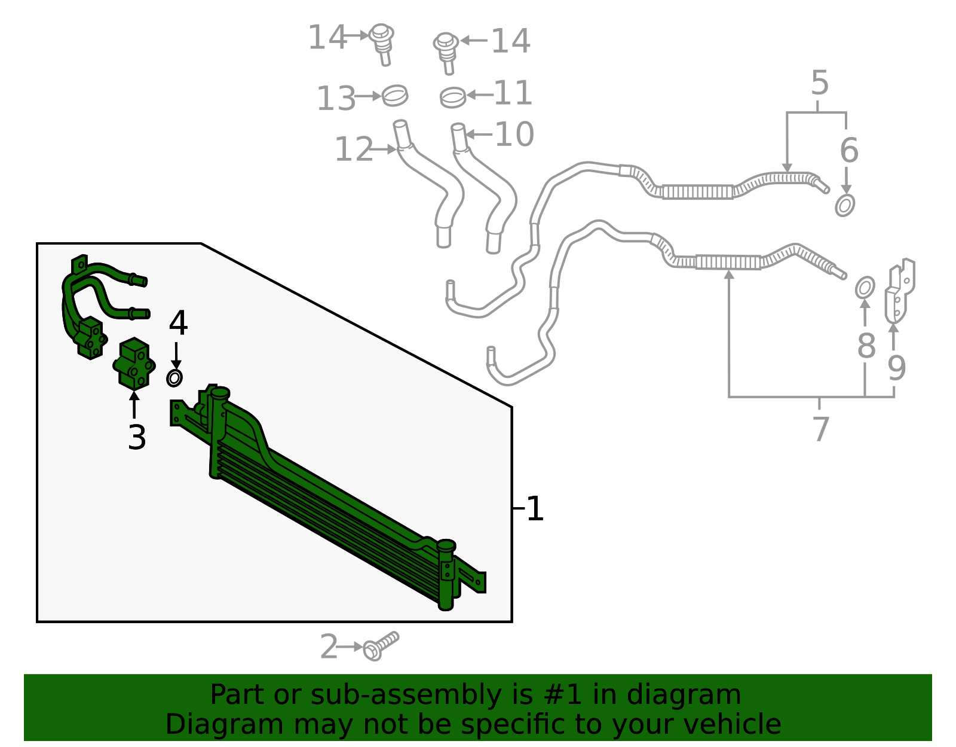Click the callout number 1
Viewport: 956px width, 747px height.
pos(535,509)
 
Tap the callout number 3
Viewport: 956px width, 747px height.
pos(137,438)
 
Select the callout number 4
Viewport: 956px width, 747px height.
pos(178,322)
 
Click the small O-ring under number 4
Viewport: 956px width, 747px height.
pos(174,378)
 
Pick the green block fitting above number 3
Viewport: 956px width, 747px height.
pos(134,364)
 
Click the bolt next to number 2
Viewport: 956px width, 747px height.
pos(381,646)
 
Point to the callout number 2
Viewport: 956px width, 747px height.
pos(329,647)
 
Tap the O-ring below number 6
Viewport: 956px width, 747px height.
pos(845,205)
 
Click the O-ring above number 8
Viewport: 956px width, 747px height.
pos(865,288)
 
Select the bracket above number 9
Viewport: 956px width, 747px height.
pos(900,291)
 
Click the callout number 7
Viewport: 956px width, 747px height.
pos(820,429)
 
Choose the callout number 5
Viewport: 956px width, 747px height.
pos(820,83)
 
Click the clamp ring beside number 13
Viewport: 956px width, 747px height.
pos(394,96)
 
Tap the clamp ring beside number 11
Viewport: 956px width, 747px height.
pos(453,97)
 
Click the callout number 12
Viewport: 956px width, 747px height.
pos(354,150)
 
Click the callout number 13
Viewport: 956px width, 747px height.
pos(336,98)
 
